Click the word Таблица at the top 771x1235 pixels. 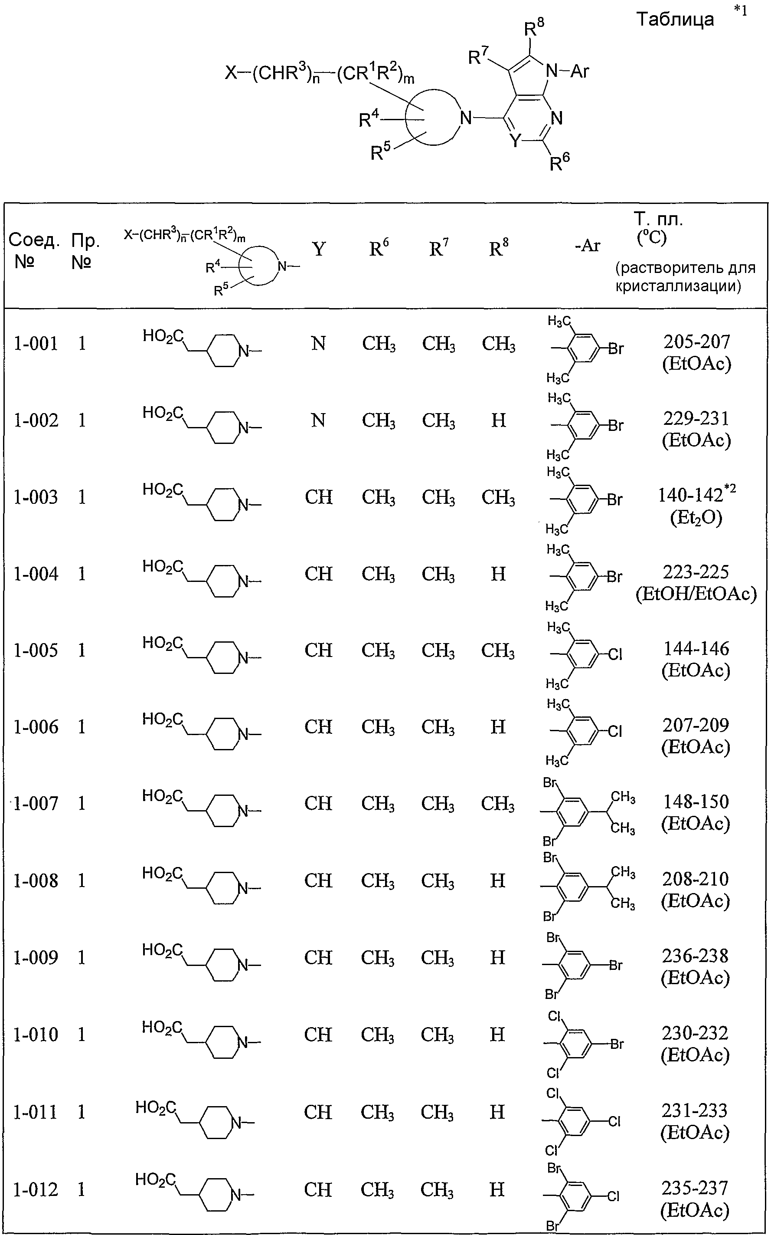pos(675,20)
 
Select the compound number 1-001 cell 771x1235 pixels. pos(36,343)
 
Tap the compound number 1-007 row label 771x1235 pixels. pos(36,803)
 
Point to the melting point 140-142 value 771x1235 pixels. pos(690,495)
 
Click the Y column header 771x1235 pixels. pos(319,249)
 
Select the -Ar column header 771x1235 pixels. pos(588,246)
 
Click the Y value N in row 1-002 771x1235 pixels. pos(319,420)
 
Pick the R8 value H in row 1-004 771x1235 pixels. pos(498,574)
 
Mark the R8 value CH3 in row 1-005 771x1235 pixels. pos(498,651)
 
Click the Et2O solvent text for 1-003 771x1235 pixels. pos(696,518)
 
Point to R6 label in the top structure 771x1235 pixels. pos(559,162)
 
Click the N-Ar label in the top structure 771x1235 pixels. pos(568,71)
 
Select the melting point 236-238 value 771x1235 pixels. pos(695,956)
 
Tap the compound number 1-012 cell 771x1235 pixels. pos(35,1189)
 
